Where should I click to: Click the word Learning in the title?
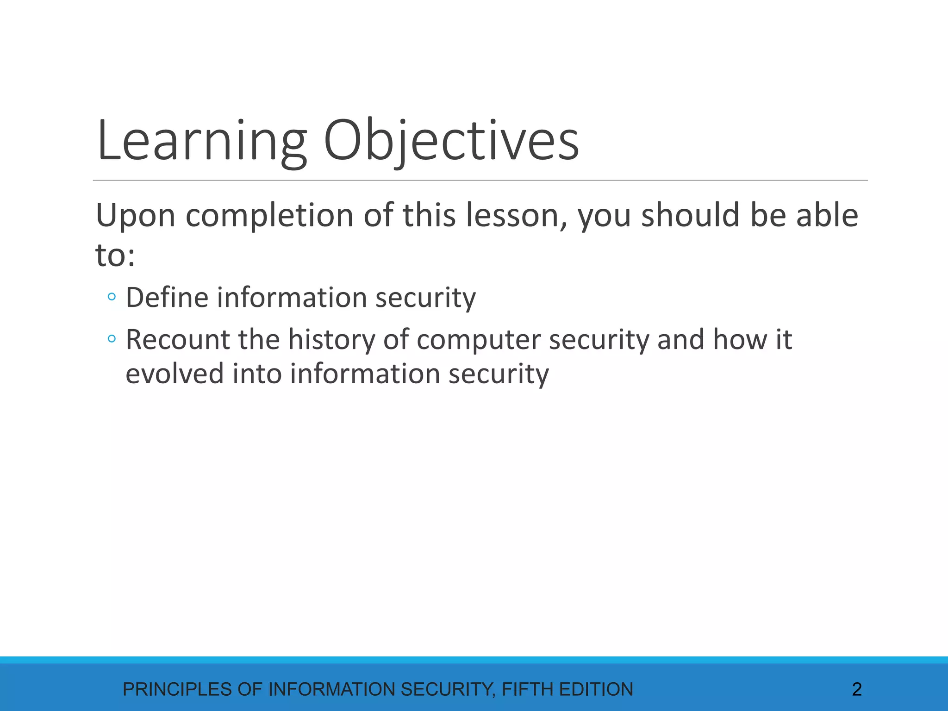(202, 141)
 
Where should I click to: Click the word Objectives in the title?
(451, 141)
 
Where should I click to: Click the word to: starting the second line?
(115, 256)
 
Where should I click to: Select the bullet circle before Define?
(112, 297)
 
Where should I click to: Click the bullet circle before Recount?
(112, 339)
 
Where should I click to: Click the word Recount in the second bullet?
(178, 339)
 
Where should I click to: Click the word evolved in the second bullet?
(175, 374)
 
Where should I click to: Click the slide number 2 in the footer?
(856, 690)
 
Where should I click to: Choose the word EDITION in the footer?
(596, 690)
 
